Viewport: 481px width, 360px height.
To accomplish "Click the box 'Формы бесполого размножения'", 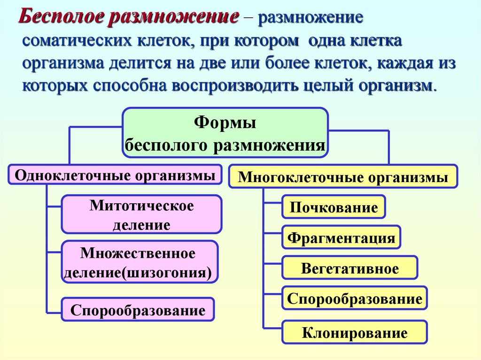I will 225,132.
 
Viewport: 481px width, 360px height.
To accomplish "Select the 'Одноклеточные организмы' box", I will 115,175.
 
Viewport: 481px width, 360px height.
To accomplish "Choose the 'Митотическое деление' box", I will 141,214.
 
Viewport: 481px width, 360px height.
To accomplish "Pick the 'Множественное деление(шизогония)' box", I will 140,262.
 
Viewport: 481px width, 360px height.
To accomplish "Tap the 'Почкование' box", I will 334,207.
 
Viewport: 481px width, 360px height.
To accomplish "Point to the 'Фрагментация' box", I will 341,237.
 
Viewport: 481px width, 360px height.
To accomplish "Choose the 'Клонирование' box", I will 354,333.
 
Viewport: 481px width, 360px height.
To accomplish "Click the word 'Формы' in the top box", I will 225,124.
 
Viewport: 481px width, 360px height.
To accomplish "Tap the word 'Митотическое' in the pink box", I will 141,206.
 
